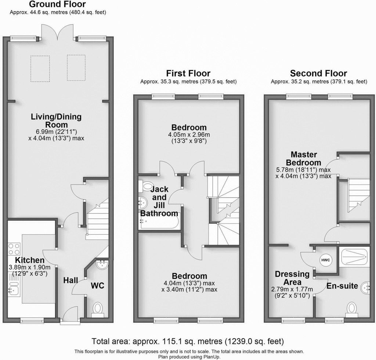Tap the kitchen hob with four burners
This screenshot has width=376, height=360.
pyautogui.click(x=14, y=250)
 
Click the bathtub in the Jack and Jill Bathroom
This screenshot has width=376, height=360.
pyautogui.click(x=159, y=223)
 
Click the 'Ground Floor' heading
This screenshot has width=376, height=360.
pyautogui.click(x=57, y=4)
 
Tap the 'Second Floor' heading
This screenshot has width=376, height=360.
pyautogui.click(x=318, y=73)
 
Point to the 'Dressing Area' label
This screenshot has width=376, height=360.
pyautogui.click(x=292, y=278)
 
